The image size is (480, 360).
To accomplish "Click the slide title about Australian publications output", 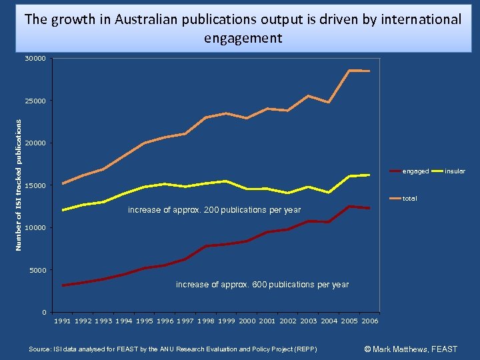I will click(242, 28).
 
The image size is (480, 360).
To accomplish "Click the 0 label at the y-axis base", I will click(43, 313).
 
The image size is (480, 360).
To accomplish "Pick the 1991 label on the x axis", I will click(63, 321).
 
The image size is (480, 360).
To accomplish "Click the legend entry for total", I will click(409, 199).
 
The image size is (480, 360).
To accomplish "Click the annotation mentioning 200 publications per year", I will click(214, 211).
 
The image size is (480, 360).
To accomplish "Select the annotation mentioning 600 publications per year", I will click(262, 285).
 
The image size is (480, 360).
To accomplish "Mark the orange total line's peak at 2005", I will click(349, 71).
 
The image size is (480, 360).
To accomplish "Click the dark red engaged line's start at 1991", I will click(63, 285).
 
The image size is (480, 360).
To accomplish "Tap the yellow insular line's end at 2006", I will click(369, 175).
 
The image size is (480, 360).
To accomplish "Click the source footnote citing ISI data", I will click(173, 349).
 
